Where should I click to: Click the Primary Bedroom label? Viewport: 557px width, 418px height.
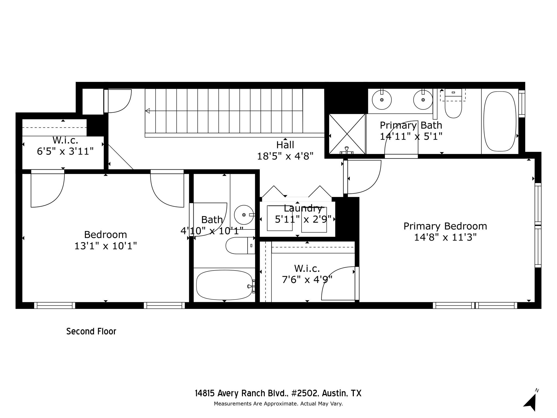(445, 226)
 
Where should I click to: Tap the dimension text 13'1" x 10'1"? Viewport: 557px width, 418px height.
(106, 246)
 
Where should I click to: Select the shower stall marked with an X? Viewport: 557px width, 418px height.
(347, 134)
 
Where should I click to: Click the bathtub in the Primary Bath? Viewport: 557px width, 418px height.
(500, 121)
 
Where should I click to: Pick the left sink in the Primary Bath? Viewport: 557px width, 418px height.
(382, 100)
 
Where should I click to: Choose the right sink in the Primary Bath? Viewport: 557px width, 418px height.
(423, 100)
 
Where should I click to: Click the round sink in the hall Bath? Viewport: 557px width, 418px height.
(244, 215)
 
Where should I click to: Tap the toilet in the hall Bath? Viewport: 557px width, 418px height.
(239, 245)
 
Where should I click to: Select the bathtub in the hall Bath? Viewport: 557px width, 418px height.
(224, 285)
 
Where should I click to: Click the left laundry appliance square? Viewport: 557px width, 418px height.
(279, 218)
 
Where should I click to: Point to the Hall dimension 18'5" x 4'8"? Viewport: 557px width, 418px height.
(285, 156)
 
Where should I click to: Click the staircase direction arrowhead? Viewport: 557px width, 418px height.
(147, 111)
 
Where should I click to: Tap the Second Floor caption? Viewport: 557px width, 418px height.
(91, 331)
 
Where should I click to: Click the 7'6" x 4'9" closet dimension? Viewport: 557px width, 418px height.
(307, 279)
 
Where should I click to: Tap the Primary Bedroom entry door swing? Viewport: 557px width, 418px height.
(364, 177)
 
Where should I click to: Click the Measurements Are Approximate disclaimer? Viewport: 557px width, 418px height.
(278, 404)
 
